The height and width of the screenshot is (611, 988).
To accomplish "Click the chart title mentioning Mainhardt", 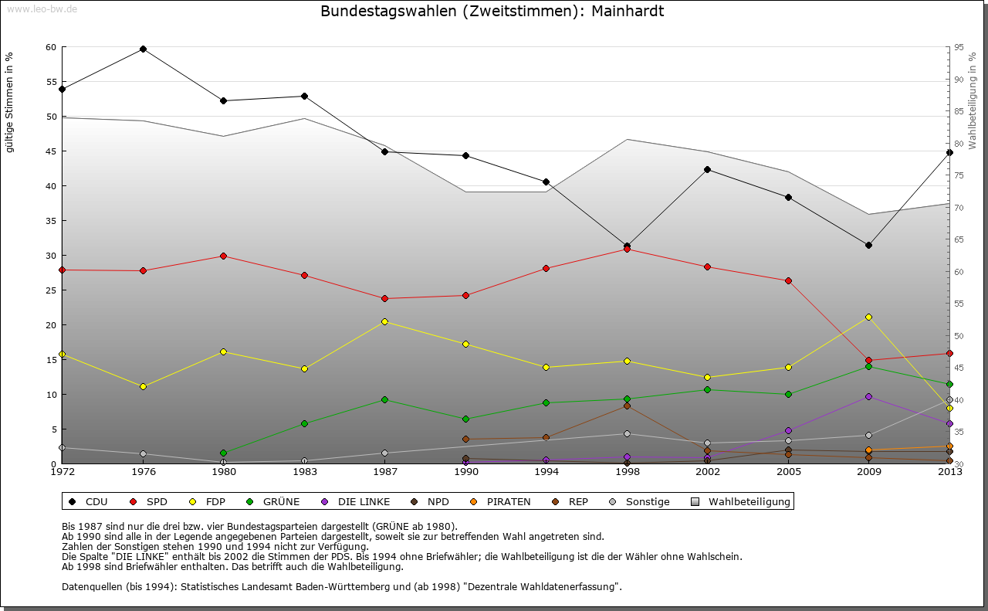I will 492,12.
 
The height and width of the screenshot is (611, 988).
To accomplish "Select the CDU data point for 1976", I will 143,49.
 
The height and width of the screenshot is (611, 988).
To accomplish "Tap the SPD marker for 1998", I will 627,249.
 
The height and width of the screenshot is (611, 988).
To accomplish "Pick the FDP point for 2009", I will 868,317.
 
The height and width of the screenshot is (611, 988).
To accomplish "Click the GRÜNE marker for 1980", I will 223,453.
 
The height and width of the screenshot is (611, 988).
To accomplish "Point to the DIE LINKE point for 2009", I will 868,396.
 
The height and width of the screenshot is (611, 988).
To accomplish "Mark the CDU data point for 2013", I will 949,152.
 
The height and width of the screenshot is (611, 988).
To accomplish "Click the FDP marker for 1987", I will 384,321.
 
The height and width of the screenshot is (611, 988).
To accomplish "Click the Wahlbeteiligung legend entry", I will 749,502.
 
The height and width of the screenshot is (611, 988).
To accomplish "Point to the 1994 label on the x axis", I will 546,471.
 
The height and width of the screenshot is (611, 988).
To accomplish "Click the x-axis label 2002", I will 707,471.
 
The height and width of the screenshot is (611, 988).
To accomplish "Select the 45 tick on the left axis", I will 51,151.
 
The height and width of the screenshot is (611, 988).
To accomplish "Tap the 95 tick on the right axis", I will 958,47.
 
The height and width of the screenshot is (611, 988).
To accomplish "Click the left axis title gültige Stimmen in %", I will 10,102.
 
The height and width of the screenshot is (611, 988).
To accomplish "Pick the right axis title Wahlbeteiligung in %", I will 973,101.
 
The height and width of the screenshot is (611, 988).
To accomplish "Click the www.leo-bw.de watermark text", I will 42,8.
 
